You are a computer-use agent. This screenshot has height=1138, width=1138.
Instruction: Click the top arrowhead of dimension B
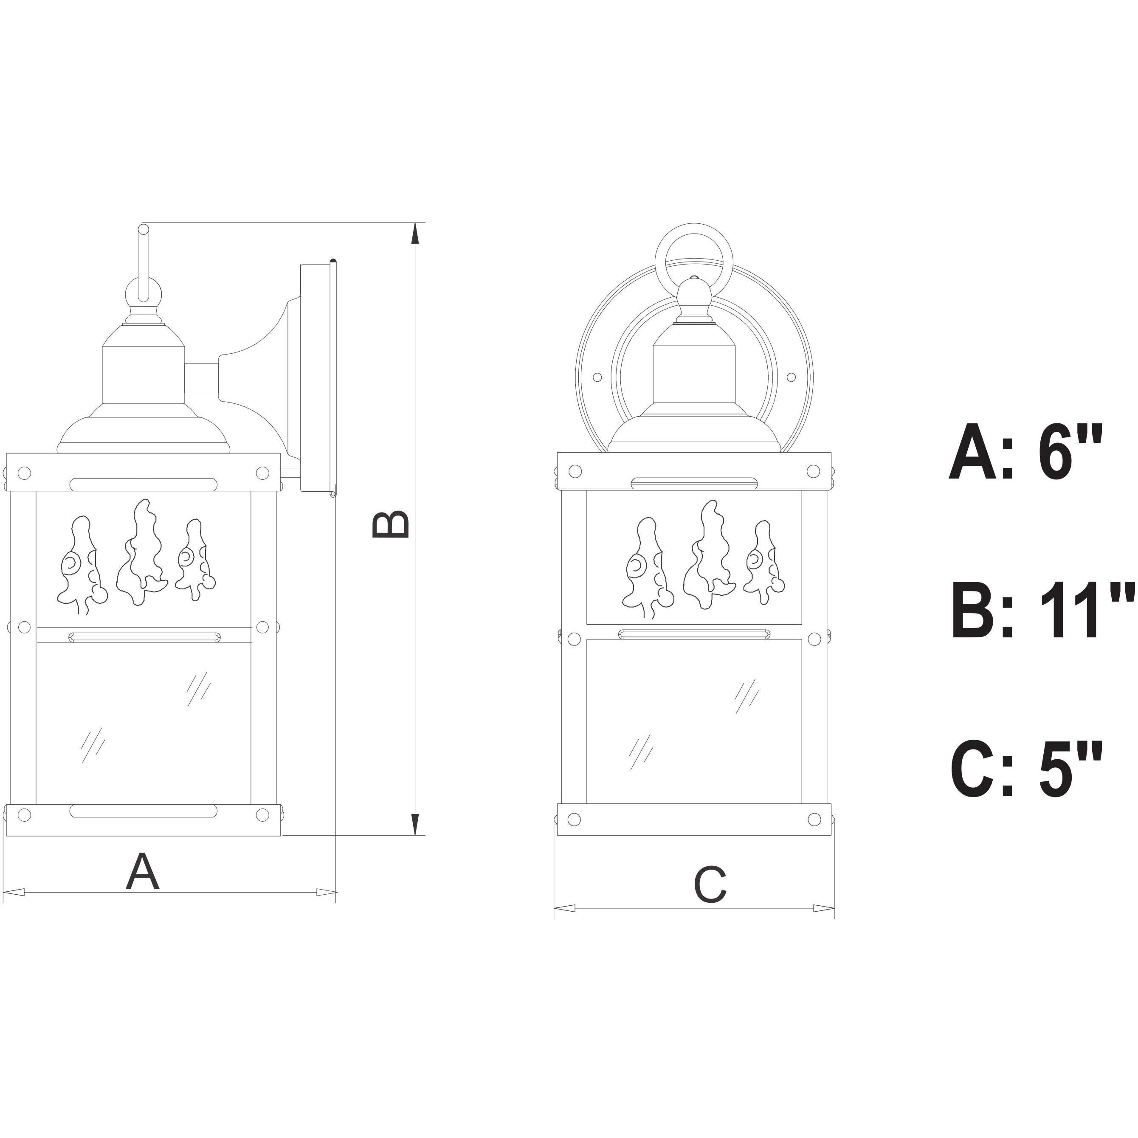416,234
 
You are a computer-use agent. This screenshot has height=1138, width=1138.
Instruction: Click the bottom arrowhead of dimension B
416,824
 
